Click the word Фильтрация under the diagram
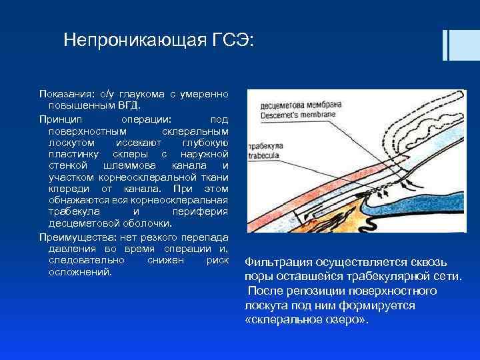[x=278, y=262]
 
